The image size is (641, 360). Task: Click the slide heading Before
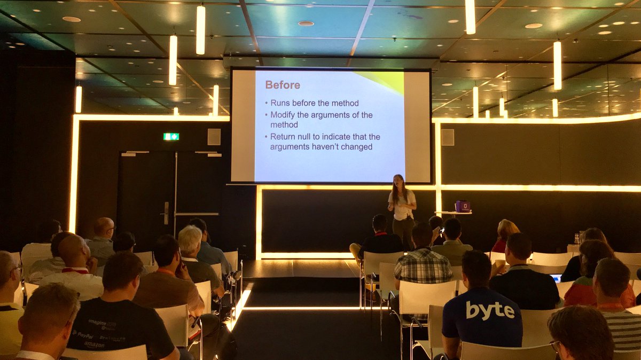coord(283,85)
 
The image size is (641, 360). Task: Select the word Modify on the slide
coord(284,115)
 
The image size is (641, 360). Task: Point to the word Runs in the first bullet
coord(281,103)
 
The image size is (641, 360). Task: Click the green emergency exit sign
coord(171,137)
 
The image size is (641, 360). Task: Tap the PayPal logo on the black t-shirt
coord(83,334)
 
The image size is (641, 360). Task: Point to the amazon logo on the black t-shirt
coord(94,345)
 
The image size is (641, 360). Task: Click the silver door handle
coord(167,213)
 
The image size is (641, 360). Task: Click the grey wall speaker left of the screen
coord(214,137)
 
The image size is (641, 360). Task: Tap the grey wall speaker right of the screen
coord(448,137)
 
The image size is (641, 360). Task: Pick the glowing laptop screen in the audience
coord(556,278)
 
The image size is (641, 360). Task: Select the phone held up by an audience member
coord(440,231)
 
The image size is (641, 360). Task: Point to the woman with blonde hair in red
coord(504,236)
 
